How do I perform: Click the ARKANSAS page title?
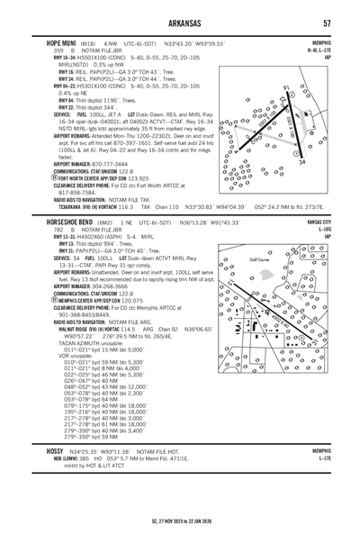tap(180, 23)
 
